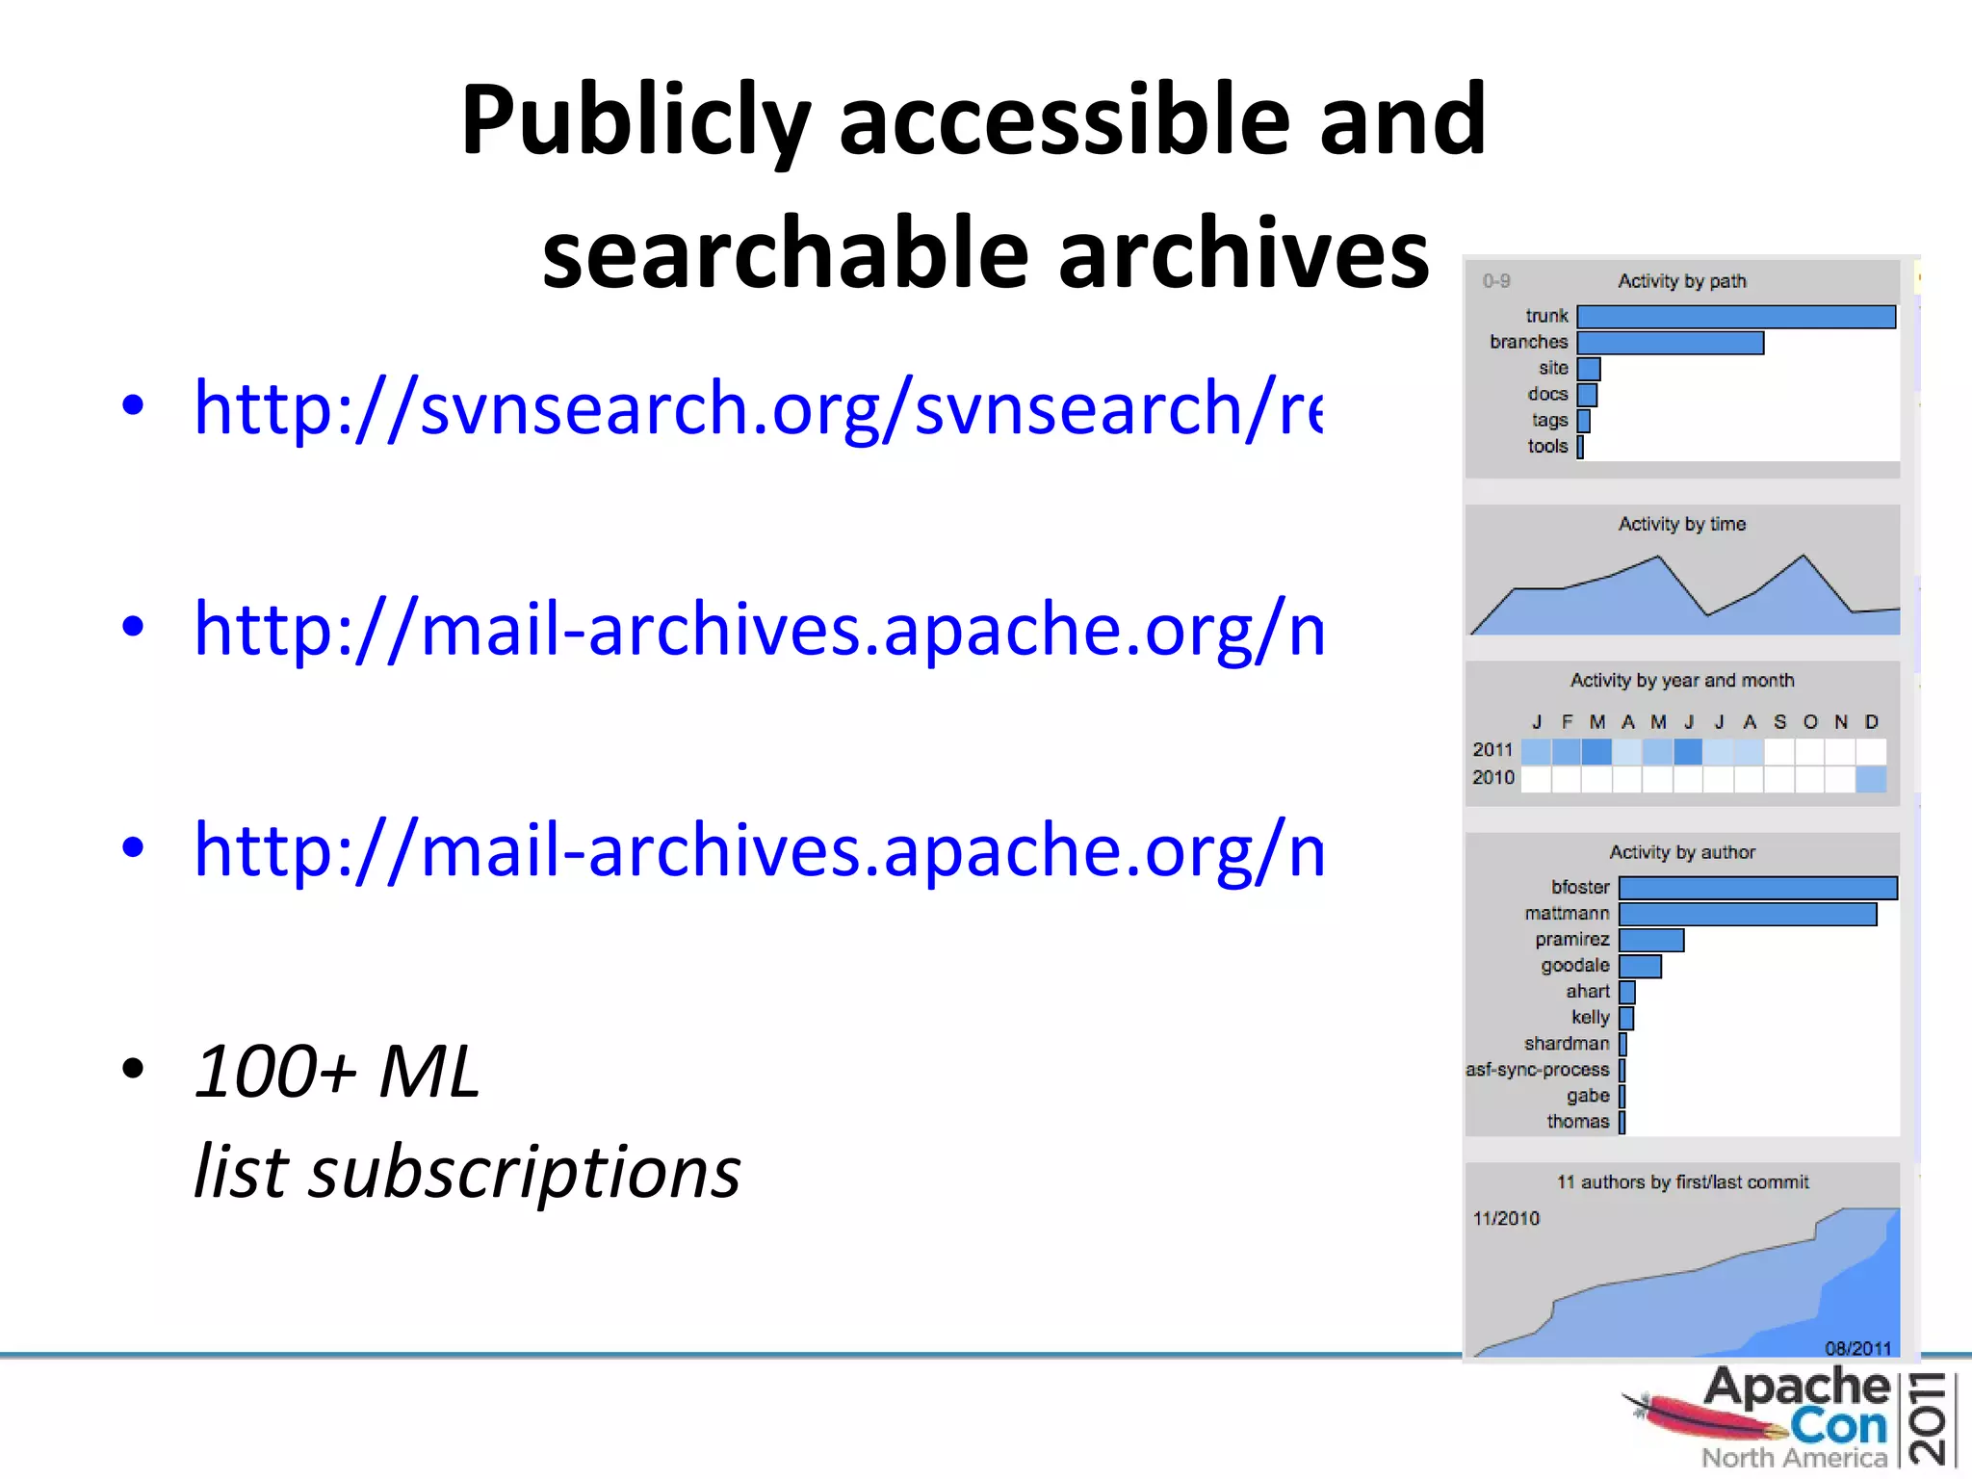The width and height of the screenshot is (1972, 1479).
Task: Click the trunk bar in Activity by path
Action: (1736, 317)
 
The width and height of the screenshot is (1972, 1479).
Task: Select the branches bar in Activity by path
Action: (1671, 343)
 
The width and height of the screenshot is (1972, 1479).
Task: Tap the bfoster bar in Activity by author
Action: (1757, 888)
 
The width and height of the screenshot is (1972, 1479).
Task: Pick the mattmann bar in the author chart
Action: (1748, 914)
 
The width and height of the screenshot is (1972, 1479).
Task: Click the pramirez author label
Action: (1571, 940)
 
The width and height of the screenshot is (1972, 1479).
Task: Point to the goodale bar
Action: (1640, 966)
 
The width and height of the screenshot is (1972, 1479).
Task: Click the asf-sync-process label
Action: (1537, 1070)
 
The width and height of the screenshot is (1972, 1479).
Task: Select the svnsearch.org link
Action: (758, 408)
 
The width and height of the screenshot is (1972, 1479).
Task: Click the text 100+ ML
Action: (337, 1071)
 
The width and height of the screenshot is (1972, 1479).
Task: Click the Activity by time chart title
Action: (1681, 524)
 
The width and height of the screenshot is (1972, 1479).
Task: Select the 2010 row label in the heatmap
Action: (1492, 778)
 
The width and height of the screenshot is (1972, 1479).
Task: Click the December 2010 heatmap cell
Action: (1870, 779)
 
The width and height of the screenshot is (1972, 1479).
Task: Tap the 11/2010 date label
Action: (1506, 1219)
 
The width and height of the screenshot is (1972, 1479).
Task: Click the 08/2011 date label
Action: (1857, 1348)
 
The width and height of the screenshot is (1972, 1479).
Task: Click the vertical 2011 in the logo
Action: (1931, 1419)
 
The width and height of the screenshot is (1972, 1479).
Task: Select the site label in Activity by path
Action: (1553, 369)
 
